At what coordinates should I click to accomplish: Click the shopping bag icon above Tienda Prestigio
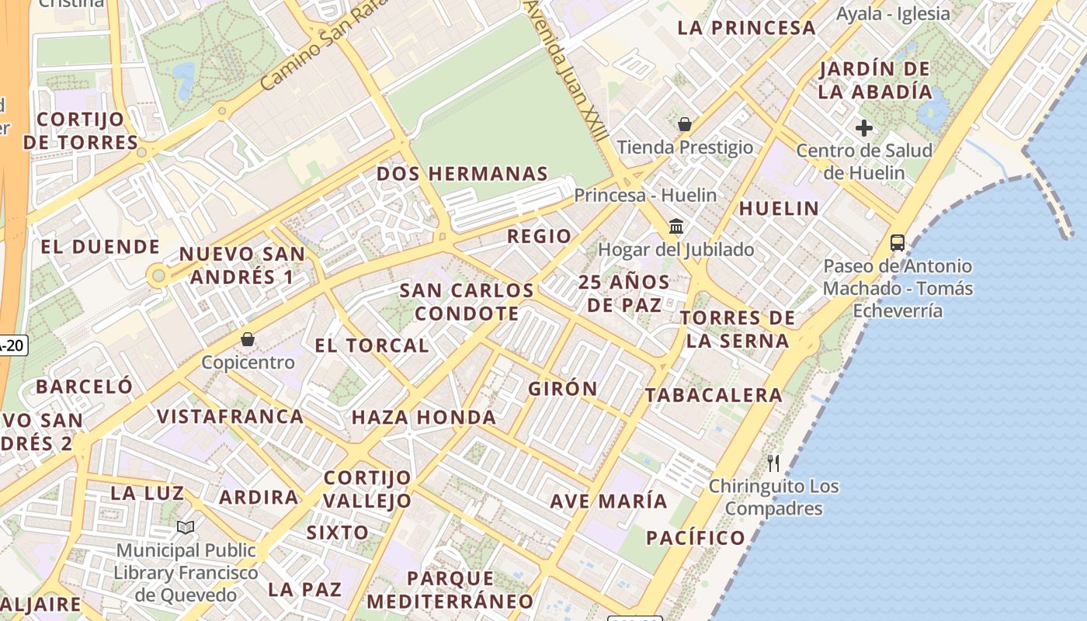pyautogui.click(x=685, y=124)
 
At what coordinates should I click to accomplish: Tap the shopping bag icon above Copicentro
pyautogui.click(x=248, y=339)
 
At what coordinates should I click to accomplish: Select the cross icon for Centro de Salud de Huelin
pyautogui.click(x=863, y=128)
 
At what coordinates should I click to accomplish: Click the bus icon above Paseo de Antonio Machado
pyautogui.click(x=898, y=243)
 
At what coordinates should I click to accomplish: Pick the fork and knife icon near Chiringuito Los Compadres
pyautogui.click(x=773, y=463)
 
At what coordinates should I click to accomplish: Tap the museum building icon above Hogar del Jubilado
pyautogui.click(x=676, y=227)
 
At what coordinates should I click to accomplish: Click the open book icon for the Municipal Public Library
pyautogui.click(x=186, y=528)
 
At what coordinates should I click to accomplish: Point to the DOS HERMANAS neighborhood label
pyautogui.click(x=462, y=174)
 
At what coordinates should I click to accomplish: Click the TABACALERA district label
pyautogui.click(x=714, y=395)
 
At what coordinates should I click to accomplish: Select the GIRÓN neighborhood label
pyautogui.click(x=563, y=389)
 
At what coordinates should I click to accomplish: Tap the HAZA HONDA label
pyautogui.click(x=424, y=418)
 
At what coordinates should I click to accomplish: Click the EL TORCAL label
pyautogui.click(x=372, y=345)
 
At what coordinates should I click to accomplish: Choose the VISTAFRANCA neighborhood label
pyautogui.click(x=231, y=416)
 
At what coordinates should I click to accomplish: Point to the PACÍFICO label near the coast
pyautogui.click(x=695, y=538)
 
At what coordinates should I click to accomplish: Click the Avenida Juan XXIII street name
pyautogui.click(x=568, y=70)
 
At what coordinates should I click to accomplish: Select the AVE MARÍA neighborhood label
pyautogui.click(x=609, y=501)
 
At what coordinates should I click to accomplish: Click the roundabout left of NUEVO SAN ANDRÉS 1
pyautogui.click(x=158, y=275)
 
